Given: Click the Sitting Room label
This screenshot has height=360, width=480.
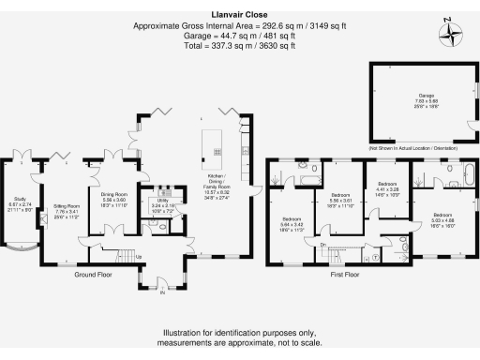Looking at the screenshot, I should pyautogui.click(x=66, y=210).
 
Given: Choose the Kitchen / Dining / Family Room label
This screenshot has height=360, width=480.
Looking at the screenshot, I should pyautogui.click(x=217, y=187).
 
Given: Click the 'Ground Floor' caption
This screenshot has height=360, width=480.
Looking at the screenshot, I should pyautogui.click(x=93, y=276).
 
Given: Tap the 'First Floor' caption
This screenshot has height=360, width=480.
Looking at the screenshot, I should pyautogui.click(x=344, y=276).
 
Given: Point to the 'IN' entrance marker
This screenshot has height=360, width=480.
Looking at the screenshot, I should pyautogui.click(x=160, y=292).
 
